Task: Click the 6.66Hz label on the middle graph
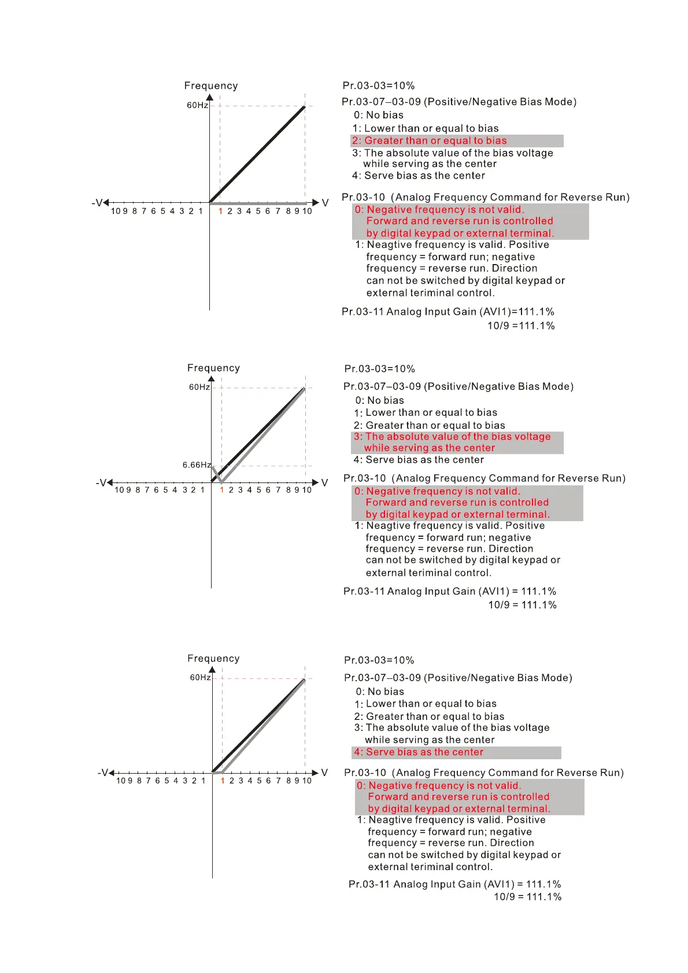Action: click(197, 465)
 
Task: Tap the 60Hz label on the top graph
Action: click(197, 105)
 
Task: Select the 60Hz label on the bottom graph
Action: click(201, 677)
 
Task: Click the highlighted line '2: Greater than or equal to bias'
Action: click(430, 141)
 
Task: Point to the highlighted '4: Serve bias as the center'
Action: click(419, 752)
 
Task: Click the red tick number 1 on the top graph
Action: click(220, 211)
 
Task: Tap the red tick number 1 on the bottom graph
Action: click(223, 781)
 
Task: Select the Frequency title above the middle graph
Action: click(213, 368)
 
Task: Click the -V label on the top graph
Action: click(97, 203)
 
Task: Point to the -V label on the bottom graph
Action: click(103, 773)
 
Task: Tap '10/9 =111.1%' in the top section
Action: click(521, 326)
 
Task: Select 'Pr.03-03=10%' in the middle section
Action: click(379, 369)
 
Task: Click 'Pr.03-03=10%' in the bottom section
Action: click(379, 660)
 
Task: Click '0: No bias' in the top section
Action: click(379, 115)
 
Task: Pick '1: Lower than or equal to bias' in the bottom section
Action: click(426, 704)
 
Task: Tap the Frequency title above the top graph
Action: click(211, 86)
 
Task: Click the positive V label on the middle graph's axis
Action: click(324, 482)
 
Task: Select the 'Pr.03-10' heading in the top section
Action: click(364, 198)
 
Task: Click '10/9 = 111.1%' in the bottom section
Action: click(527, 897)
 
